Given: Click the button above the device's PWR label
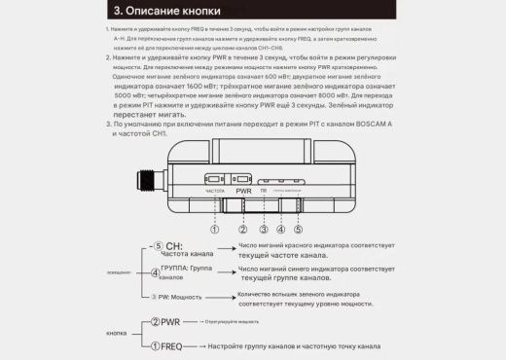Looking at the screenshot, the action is pos(242,179).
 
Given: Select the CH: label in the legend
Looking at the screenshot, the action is pos(174,246).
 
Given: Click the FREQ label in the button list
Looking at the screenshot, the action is pos(170,344).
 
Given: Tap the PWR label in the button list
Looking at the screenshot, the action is pos(169,321).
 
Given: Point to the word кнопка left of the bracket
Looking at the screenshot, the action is pos(115,333).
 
